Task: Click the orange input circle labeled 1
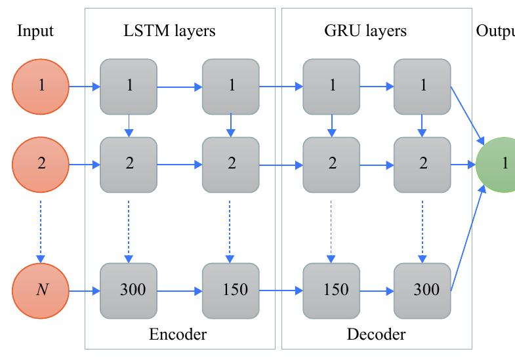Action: coord(41,86)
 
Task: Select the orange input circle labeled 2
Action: coord(41,163)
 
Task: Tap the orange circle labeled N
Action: coord(41,289)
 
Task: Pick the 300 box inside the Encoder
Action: coord(129,289)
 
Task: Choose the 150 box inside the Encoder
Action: coord(231,289)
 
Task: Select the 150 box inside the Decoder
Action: coord(331,289)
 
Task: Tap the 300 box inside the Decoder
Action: coord(422,289)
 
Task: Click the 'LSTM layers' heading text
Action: coord(170,31)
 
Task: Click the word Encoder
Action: coord(178,335)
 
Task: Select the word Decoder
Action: coord(376,335)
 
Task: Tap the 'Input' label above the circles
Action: coord(35,31)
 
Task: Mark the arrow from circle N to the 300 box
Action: coord(84,289)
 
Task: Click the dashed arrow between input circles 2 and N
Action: coord(41,226)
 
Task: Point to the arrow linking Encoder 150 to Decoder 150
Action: coord(281,289)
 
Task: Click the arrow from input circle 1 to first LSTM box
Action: coord(84,86)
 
